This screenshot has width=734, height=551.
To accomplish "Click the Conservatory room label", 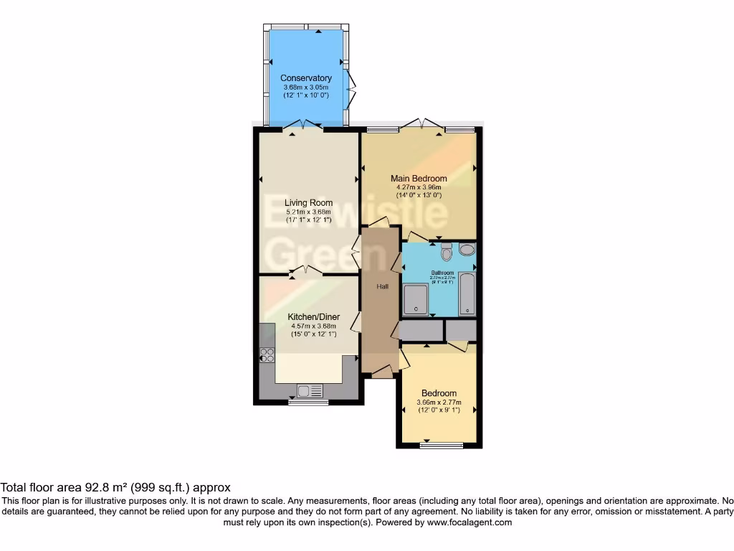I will [306, 78].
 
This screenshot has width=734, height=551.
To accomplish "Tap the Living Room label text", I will [308, 203].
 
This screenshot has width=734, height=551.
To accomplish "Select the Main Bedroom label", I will [419, 179].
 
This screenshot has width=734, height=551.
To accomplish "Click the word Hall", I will [383, 287].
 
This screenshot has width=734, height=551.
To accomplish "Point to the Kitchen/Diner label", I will [314, 317].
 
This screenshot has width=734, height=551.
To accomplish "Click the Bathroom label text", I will [442, 273].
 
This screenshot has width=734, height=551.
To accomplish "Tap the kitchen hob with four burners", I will [267, 354].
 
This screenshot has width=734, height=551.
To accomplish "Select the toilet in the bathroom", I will [447, 252].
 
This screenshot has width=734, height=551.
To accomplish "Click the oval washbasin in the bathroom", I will [467, 250].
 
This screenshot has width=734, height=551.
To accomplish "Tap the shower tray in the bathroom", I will [416, 299].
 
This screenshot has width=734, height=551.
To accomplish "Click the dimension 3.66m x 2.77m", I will [439, 402].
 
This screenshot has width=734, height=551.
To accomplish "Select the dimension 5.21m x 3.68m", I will [308, 212].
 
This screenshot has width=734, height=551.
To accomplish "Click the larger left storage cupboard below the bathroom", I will [421, 331].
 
